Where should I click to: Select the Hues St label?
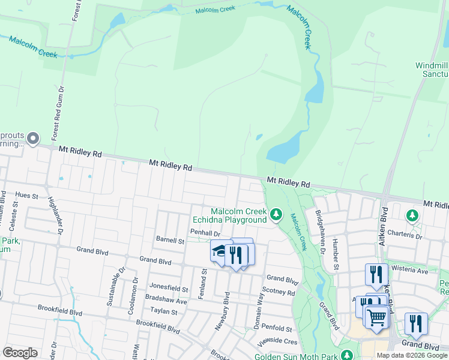(27, 196)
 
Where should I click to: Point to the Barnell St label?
(170, 241)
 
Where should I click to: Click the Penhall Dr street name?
(205, 232)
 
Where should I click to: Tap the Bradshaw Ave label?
(166, 301)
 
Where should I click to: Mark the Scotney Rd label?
(279, 292)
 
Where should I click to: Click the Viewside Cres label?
(278, 340)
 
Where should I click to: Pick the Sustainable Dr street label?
(112, 284)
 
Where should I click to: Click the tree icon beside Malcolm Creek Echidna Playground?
(276, 214)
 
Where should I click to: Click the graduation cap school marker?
(220, 250)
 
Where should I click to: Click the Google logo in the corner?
(20, 353)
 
